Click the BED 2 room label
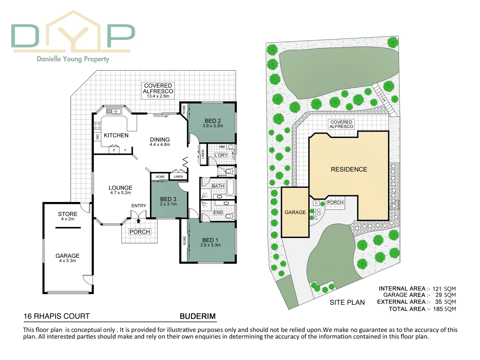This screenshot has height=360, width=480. click(213, 121)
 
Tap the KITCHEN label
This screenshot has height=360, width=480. click(116, 135)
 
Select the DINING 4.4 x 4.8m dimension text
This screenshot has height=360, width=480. click(160, 145)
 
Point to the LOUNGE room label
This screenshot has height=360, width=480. click(120, 188)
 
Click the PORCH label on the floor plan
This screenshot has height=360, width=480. click(140, 232)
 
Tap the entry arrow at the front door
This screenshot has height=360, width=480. click(139, 220)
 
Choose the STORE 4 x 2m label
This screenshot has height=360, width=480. click(68, 216)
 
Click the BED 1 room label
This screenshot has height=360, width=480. click(210, 240)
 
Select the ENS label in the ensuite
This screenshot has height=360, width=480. click(218, 212)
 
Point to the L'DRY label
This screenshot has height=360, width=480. click(221, 155)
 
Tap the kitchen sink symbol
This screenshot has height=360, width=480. click(114, 111)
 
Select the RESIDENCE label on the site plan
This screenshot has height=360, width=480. click(349, 169)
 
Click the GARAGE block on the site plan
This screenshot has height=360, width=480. click(295, 212)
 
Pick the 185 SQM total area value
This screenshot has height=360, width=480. click(444, 309)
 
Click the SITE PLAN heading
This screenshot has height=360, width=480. click(347, 302)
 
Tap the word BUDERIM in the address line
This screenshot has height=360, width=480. click(198, 316)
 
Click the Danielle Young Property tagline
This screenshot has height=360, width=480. click(73, 59)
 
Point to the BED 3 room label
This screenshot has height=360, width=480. click(168, 199)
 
